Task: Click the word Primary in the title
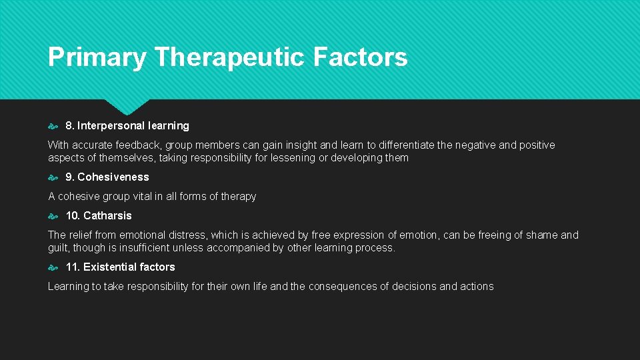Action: tap(97, 58)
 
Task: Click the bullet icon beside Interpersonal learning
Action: tap(53, 126)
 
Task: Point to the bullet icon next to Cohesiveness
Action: tap(53, 177)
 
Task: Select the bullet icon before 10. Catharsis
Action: tap(53, 216)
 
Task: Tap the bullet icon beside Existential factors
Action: tap(53, 267)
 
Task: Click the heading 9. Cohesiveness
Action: tap(107, 177)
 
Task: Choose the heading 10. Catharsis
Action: tap(99, 216)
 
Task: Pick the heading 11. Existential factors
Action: tap(120, 267)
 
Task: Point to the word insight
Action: tap(302, 145)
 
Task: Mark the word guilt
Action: tap(58, 248)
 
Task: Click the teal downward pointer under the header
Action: tap(127, 105)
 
